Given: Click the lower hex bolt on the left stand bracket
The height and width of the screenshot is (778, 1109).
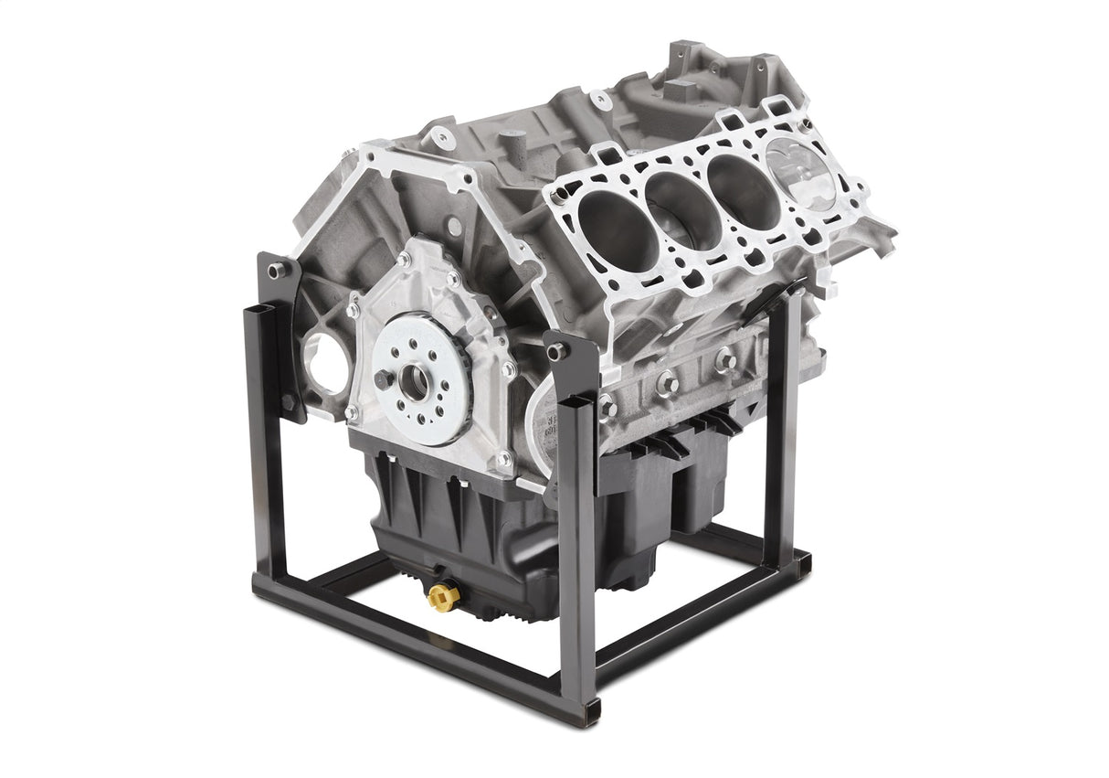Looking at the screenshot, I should (x=287, y=403).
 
